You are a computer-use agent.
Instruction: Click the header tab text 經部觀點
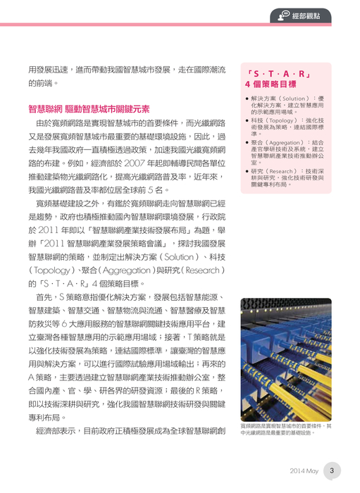314,13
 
